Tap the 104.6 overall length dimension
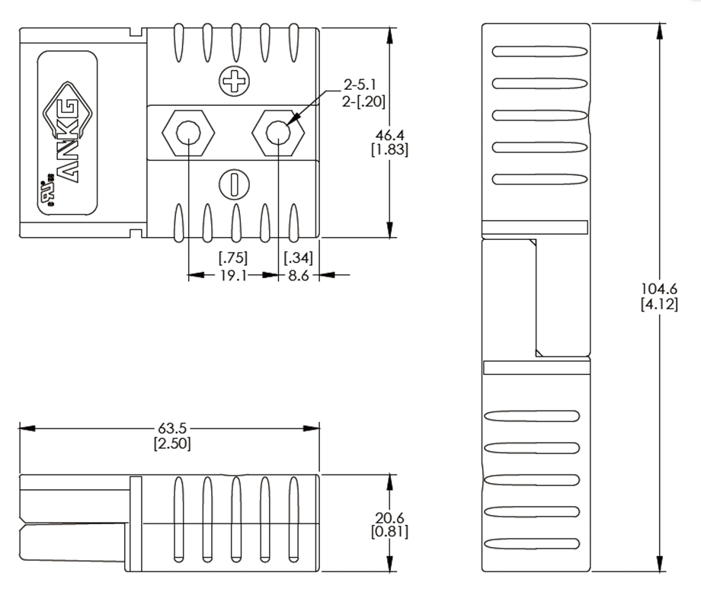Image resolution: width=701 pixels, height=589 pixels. coord(659,290)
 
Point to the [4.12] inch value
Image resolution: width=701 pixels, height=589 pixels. coord(659,304)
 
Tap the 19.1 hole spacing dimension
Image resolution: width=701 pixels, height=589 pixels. coord(232,275)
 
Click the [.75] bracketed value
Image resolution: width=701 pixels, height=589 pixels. coord(232,258)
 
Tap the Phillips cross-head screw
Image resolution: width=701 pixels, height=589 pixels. coord(233,82)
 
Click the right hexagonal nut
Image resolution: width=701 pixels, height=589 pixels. coord(279,133)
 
